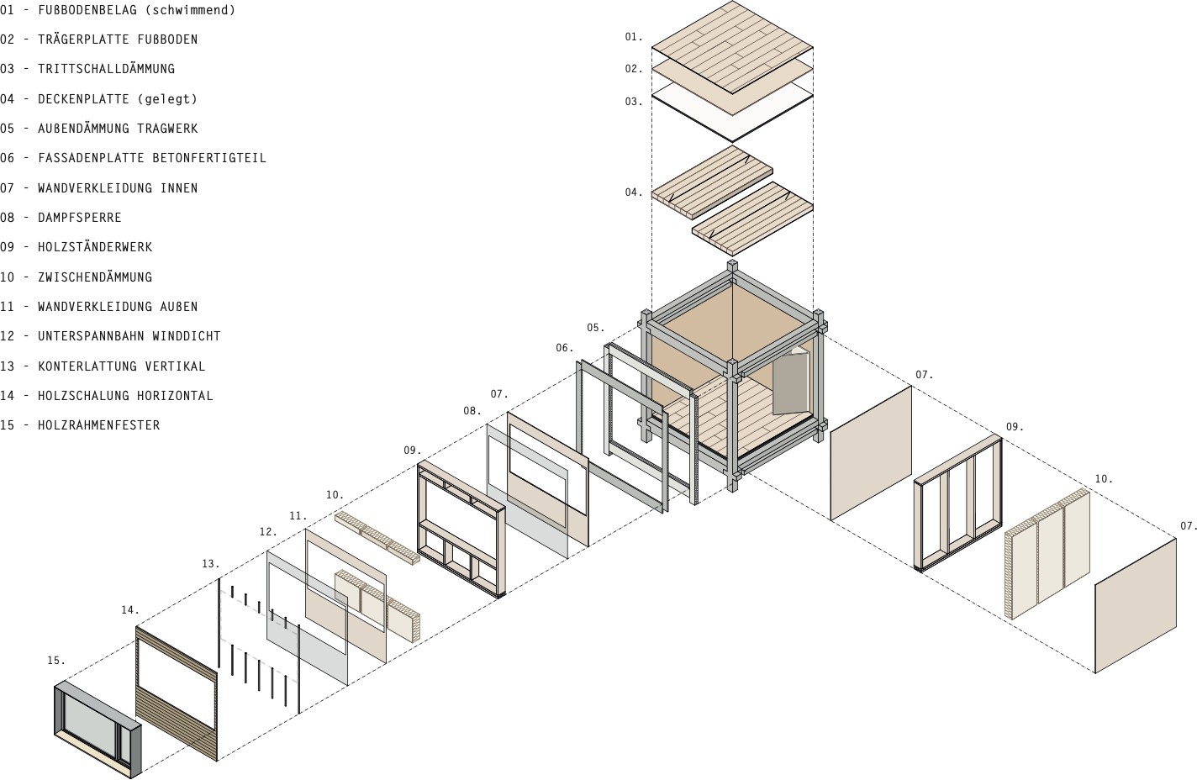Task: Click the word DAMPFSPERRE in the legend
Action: point(79,218)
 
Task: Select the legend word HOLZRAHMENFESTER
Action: point(98,425)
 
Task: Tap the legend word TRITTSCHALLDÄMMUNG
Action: point(106,69)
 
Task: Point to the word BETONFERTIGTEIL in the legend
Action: point(209,158)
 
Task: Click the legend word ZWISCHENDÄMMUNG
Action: point(95,277)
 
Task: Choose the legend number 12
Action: point(8,336)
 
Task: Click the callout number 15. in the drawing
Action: point(55,661)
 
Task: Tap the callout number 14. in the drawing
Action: point(129,610)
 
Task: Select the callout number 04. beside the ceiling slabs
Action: point(633,192)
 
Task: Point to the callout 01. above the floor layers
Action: point(633,37)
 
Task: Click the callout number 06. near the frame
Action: point(564,348)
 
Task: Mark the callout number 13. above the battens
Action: point(210,564)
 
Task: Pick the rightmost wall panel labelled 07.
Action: point(1135,605)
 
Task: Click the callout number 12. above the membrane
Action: point(268,532)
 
